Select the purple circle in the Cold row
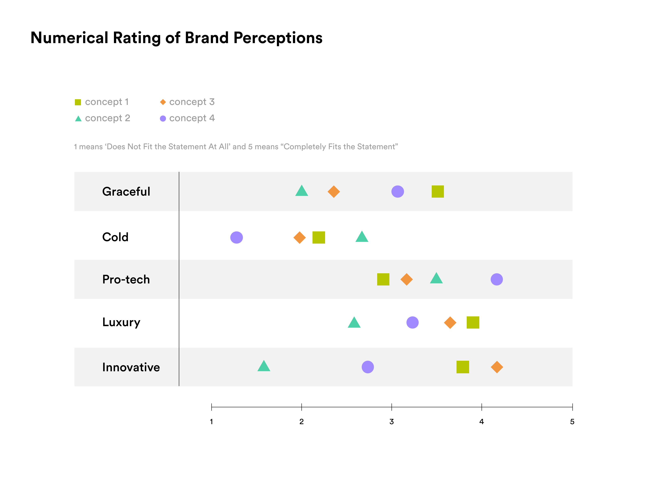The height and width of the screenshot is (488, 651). (x=236, y=237)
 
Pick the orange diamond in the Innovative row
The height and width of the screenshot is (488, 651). (x=497, y=367)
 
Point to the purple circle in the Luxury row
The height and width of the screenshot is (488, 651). (x=412, y=322)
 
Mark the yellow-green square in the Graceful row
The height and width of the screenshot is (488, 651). (x=438, y=192)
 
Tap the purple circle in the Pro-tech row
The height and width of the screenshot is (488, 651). (x=497, y=279)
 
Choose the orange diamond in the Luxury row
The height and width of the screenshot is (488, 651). (x=450, y=322)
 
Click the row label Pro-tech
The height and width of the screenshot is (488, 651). (x=126, y=279)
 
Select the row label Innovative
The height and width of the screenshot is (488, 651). (x=131, y=367)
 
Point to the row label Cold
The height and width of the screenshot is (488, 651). (x=115, y=237)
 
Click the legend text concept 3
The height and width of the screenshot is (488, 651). (x=192, y=102)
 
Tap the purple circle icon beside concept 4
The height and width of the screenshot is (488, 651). (x=163, y=119)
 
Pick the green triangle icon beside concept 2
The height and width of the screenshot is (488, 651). (x=78, y=119)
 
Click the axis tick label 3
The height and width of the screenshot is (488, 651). (x=391, y=422)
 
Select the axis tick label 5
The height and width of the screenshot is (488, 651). (x=572, y=422)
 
